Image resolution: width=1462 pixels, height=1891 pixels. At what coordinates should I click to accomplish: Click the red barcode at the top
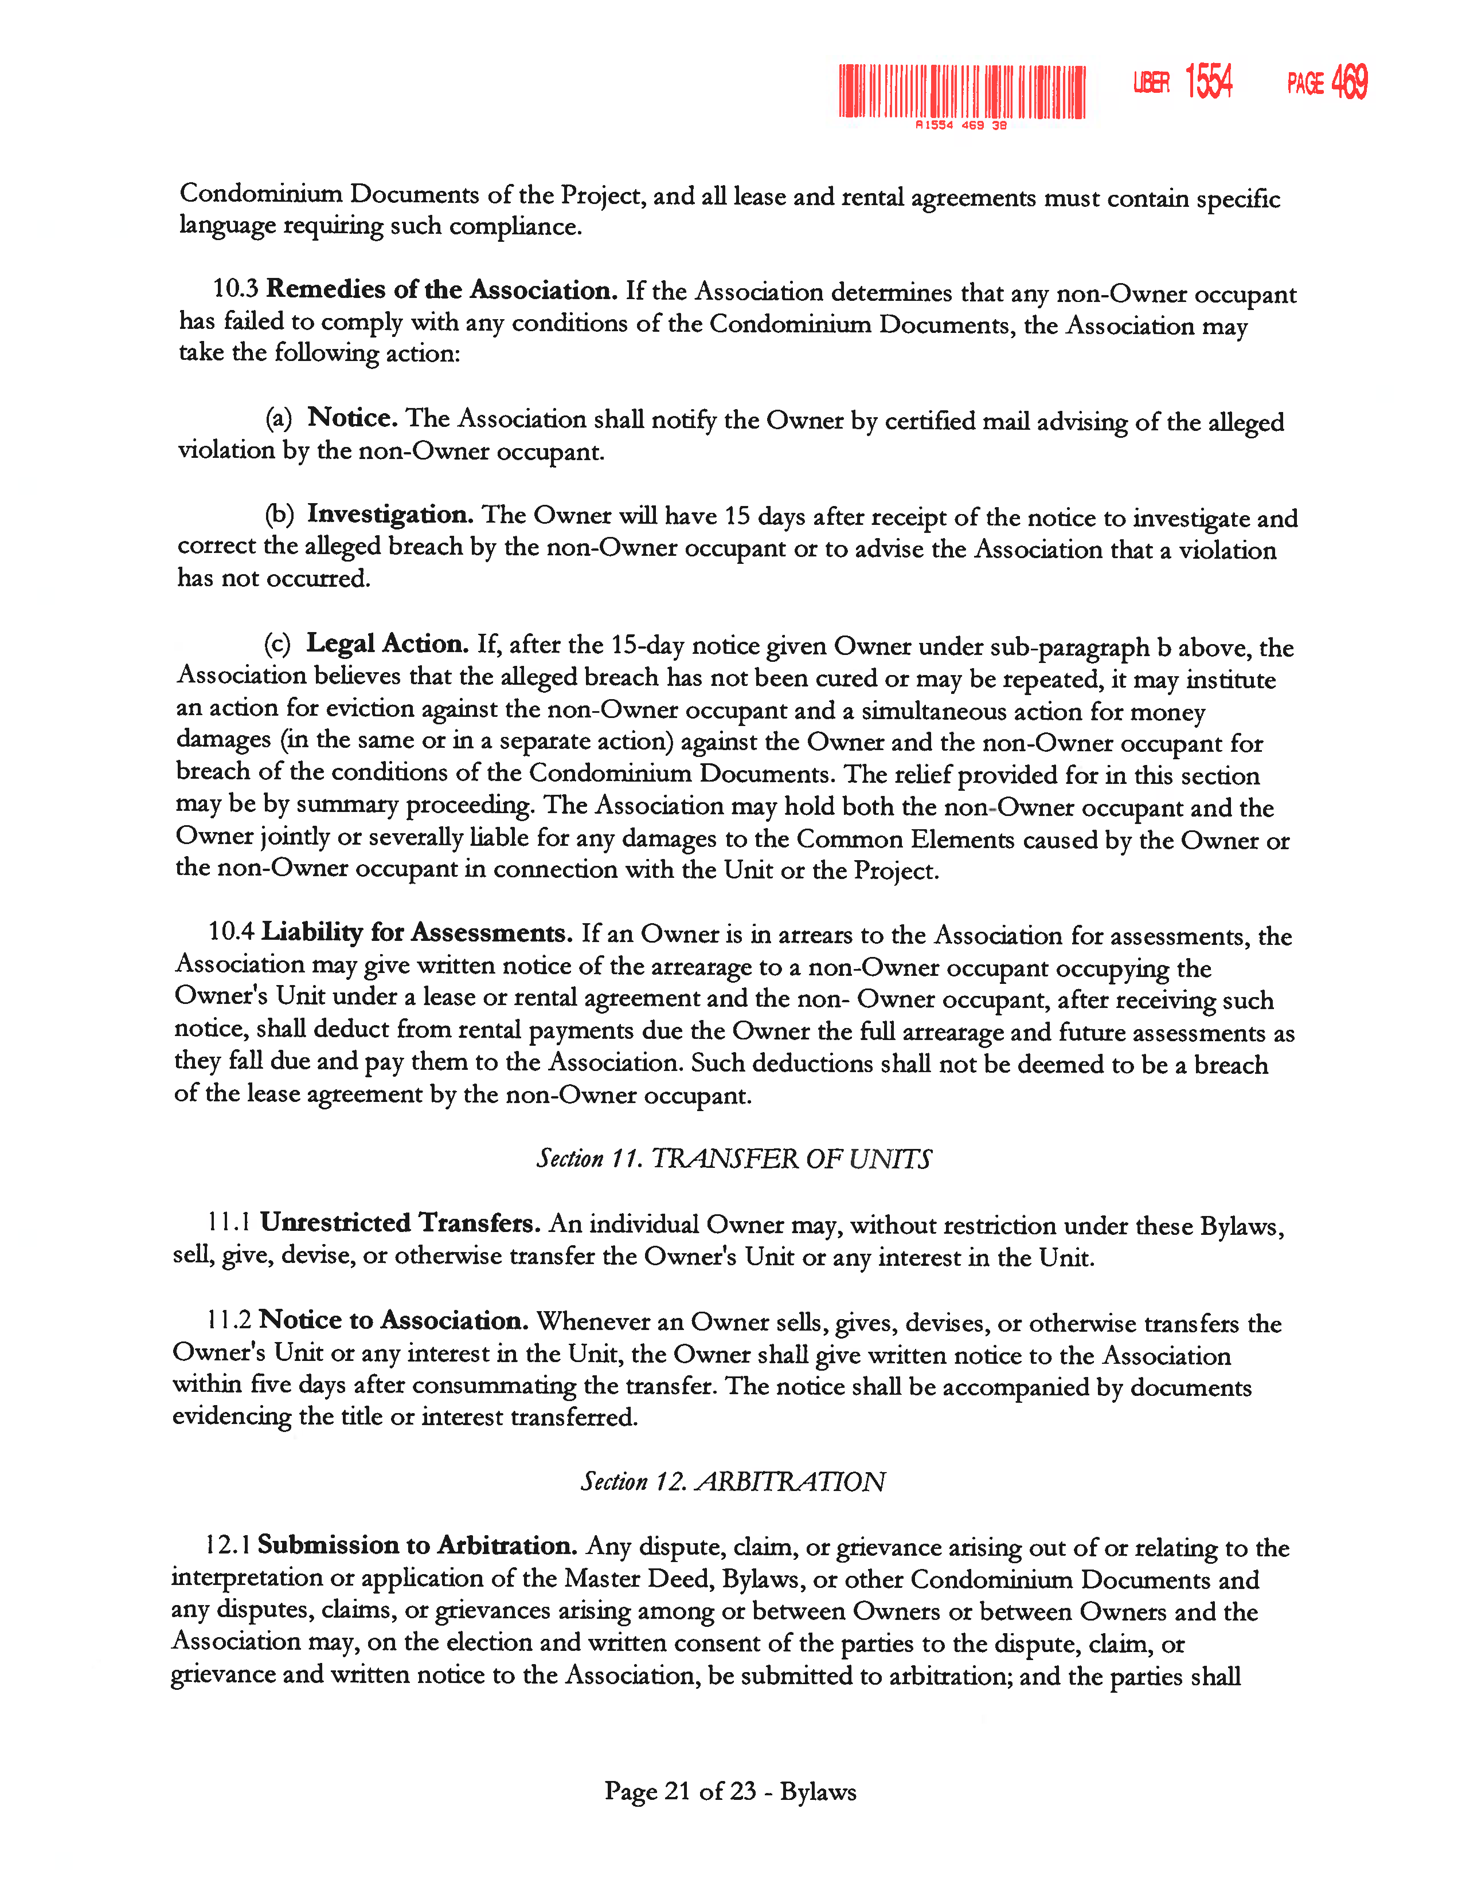961,91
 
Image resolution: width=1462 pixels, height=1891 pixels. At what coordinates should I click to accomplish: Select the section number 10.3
236,288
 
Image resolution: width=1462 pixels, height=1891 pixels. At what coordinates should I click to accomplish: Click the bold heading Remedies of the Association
441,289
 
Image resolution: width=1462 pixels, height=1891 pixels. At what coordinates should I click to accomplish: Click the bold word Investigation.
390,515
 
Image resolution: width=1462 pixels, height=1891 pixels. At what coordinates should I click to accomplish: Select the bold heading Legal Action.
387,644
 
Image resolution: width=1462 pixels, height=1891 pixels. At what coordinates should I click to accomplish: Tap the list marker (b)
279,515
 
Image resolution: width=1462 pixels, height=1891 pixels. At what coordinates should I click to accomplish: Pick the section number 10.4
231,932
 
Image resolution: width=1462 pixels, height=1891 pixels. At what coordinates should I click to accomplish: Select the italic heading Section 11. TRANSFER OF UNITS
734,1159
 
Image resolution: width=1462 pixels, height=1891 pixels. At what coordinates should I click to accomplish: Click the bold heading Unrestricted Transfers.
400,1223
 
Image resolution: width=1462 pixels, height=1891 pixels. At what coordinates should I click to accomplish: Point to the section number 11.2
229,1320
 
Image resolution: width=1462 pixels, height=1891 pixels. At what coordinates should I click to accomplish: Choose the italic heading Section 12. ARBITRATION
733,1481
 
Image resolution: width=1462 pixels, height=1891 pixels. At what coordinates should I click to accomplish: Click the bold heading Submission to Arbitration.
417,1545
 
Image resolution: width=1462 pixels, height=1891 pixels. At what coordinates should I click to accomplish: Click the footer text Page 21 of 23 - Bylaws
730,1791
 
